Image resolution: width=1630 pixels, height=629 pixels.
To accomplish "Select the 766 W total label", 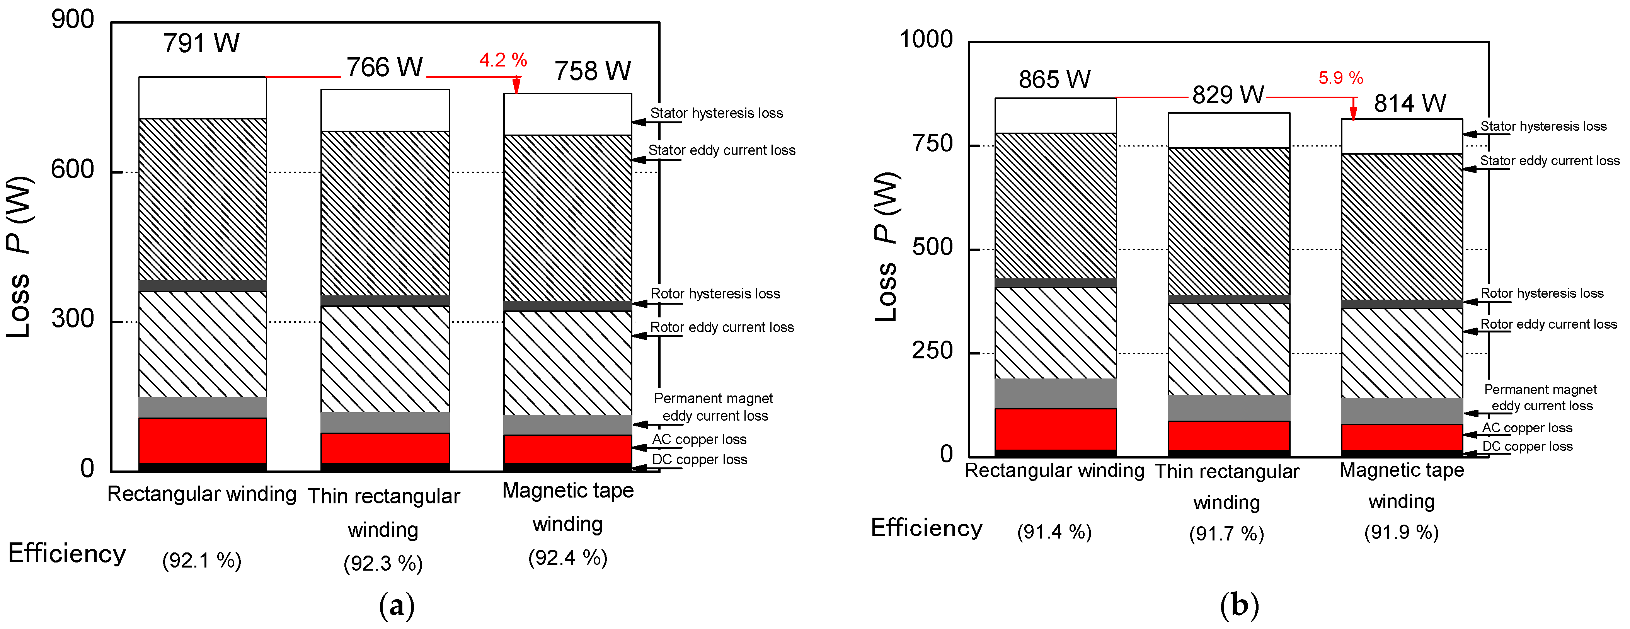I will pos(384,67).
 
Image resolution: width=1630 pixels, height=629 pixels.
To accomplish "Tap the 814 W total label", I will pos(1409,103).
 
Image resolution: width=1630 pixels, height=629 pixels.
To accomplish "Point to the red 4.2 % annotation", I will pos(503,60).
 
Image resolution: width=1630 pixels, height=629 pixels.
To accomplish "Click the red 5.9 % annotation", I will pos(1340,78).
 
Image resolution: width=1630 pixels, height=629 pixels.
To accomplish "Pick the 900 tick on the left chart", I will pos(72,20).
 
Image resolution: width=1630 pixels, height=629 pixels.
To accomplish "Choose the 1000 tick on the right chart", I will pos(926,39).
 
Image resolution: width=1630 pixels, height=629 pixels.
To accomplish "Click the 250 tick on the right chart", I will pos(932,351).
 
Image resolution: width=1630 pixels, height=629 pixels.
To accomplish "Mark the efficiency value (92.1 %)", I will pos(202,561).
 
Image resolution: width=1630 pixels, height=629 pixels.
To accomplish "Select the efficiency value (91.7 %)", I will pos(1226,534).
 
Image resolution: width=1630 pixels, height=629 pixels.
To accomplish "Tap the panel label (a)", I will pos(397,605).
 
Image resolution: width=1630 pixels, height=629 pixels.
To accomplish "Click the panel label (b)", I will pos(1239,605).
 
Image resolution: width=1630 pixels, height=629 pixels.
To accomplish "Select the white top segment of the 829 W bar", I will pos(1228,130).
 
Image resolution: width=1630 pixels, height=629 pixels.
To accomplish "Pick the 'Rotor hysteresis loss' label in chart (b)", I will pos(1541,293).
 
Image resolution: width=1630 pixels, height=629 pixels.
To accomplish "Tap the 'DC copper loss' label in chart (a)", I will pos(699,459).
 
